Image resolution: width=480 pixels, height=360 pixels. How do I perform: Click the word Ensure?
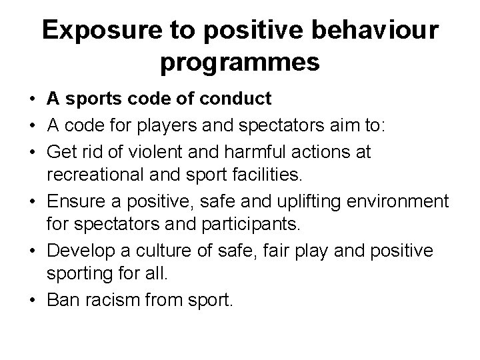coord(77,201)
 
